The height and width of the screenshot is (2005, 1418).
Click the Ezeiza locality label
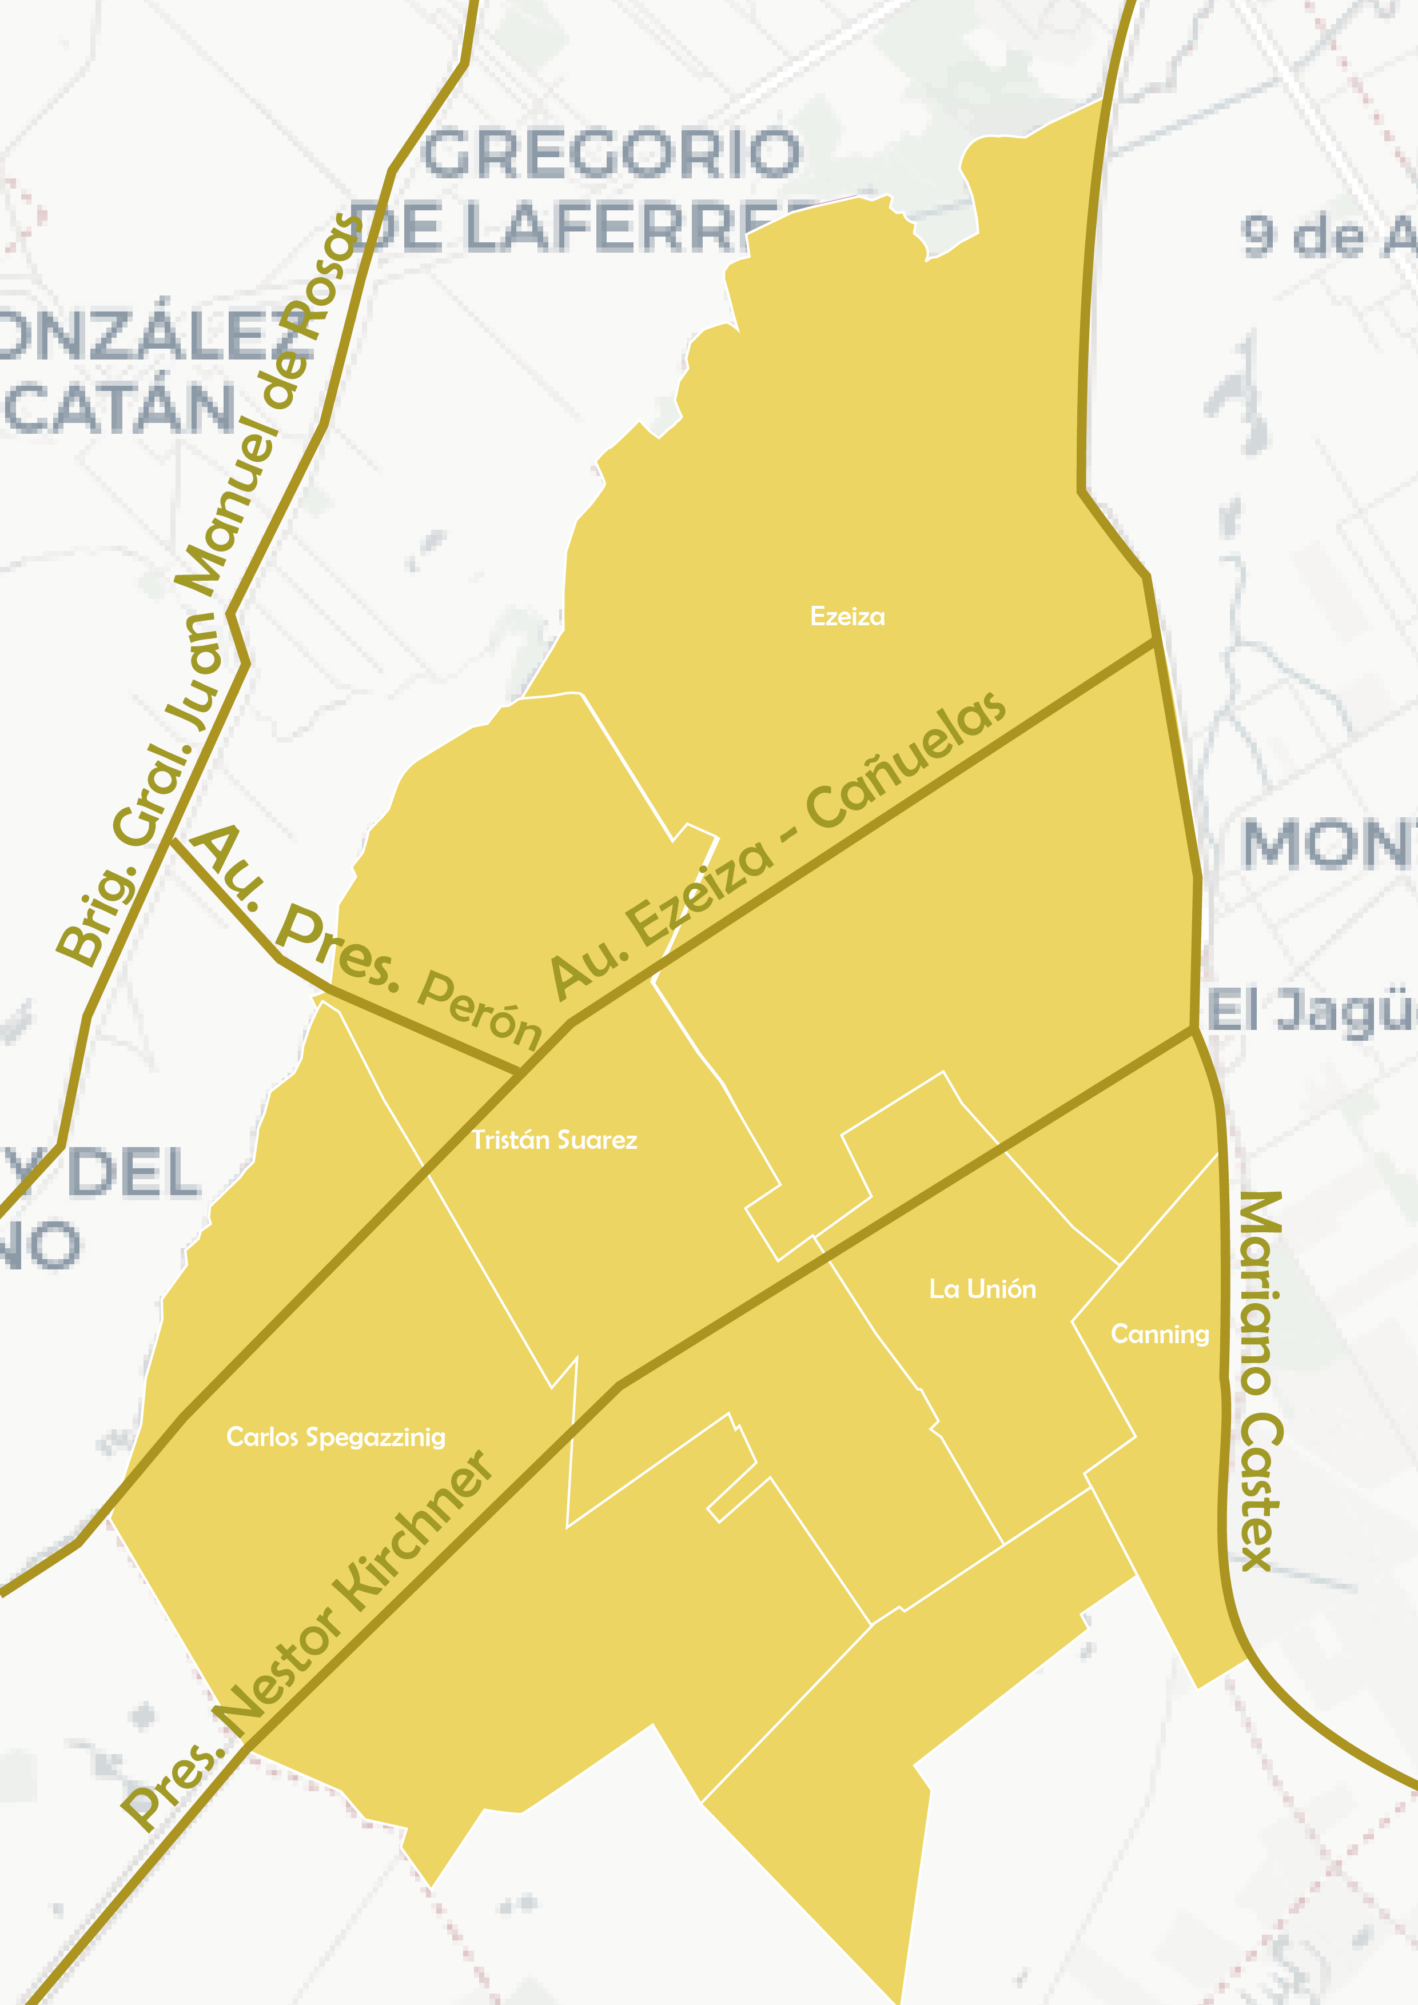847,617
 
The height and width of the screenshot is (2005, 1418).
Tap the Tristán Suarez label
554,1140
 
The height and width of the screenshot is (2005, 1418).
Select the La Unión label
982,1289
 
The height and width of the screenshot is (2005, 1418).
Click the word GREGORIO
612,154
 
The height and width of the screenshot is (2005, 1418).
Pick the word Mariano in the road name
1259,1292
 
